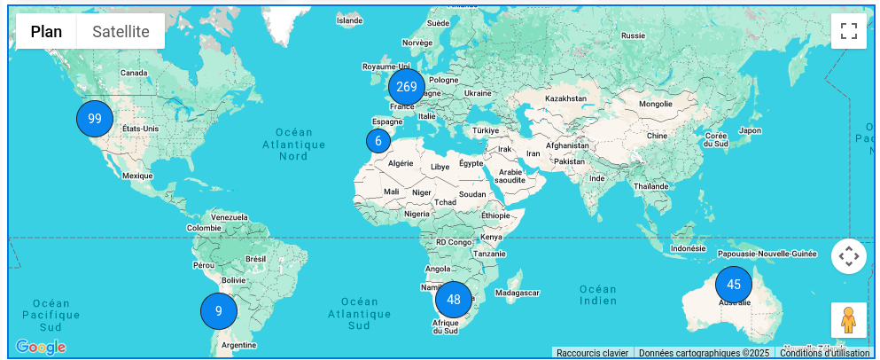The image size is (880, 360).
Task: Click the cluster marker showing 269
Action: [x=407, y=87]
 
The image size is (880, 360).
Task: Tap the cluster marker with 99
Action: [x=95, y=119]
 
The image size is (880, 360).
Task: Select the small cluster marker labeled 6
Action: [x=378, y=140]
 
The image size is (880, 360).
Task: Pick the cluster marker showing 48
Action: [x=454, y=300]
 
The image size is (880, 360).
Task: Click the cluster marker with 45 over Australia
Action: [x=734, y=285]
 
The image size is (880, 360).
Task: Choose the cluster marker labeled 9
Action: [x=219, y=311]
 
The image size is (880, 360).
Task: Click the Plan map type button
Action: [x=47, y=32]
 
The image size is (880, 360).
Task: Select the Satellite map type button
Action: [x=121, y=32]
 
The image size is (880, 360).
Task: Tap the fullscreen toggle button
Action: [x=848, y=32]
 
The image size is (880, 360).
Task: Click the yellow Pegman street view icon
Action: [x=848, y=320]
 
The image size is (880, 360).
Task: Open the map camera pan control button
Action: [x=848, y=257]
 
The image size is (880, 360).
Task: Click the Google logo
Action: [x=41, y=347]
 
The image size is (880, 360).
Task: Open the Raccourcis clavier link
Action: [x=592, y=353]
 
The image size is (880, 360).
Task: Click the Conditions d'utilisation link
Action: [x=825, y=353]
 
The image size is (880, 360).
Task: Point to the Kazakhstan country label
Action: [x=566, y=98]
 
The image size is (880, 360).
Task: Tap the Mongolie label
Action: [x=655, y=104]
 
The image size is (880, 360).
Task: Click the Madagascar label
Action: [x=518, y=293]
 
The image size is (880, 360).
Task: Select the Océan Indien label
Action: [x=598, y=295]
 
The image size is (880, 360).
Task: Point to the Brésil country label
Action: [x=255, y=259]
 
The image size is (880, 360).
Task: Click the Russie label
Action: [x=633, y=35]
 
